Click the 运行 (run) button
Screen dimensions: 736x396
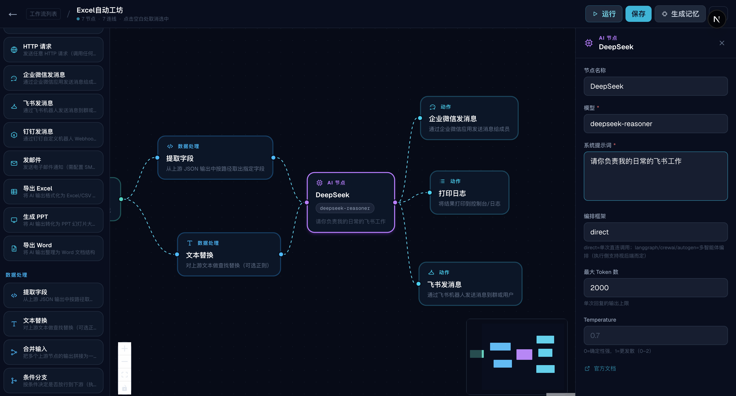pyautogui.click(x=603, y=14)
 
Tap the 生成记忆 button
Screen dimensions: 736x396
pyautogui.click(x=680, y=14)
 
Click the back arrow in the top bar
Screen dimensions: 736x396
pyautogui.click(x=13, y=14)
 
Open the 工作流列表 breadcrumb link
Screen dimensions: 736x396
pyautogui.click(x=43, y=14)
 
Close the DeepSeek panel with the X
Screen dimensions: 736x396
pyautogui.click(x=722, y=43)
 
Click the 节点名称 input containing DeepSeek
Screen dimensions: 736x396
pyautogui.click(x=655, y=86)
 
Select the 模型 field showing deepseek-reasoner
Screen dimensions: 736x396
pyautogui.click(x=655, y=124)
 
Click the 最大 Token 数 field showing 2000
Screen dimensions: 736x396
pyautogui.click(x=655, y=288)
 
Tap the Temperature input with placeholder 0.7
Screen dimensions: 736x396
pyautogui.click(x=655, y=335)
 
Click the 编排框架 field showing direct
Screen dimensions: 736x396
pyautogui.click(x=655, y=232)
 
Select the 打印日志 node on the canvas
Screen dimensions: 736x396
pyautogui.click(x=469, y=192)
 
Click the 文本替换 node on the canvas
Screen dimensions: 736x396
pyautogui.click(x=229, y=254)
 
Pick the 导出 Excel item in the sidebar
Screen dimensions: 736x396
pyautogui.click(x=54, y=191)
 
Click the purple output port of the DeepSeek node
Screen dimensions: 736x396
pyautogui.click(x=395, y=203)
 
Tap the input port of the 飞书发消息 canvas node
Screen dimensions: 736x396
pyautogui.click(x=418, y=284)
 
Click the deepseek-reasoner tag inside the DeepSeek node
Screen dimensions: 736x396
pyautogui.click(x=345, y=208)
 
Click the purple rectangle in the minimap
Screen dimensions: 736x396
pyautogui.click(x=524, y=354)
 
